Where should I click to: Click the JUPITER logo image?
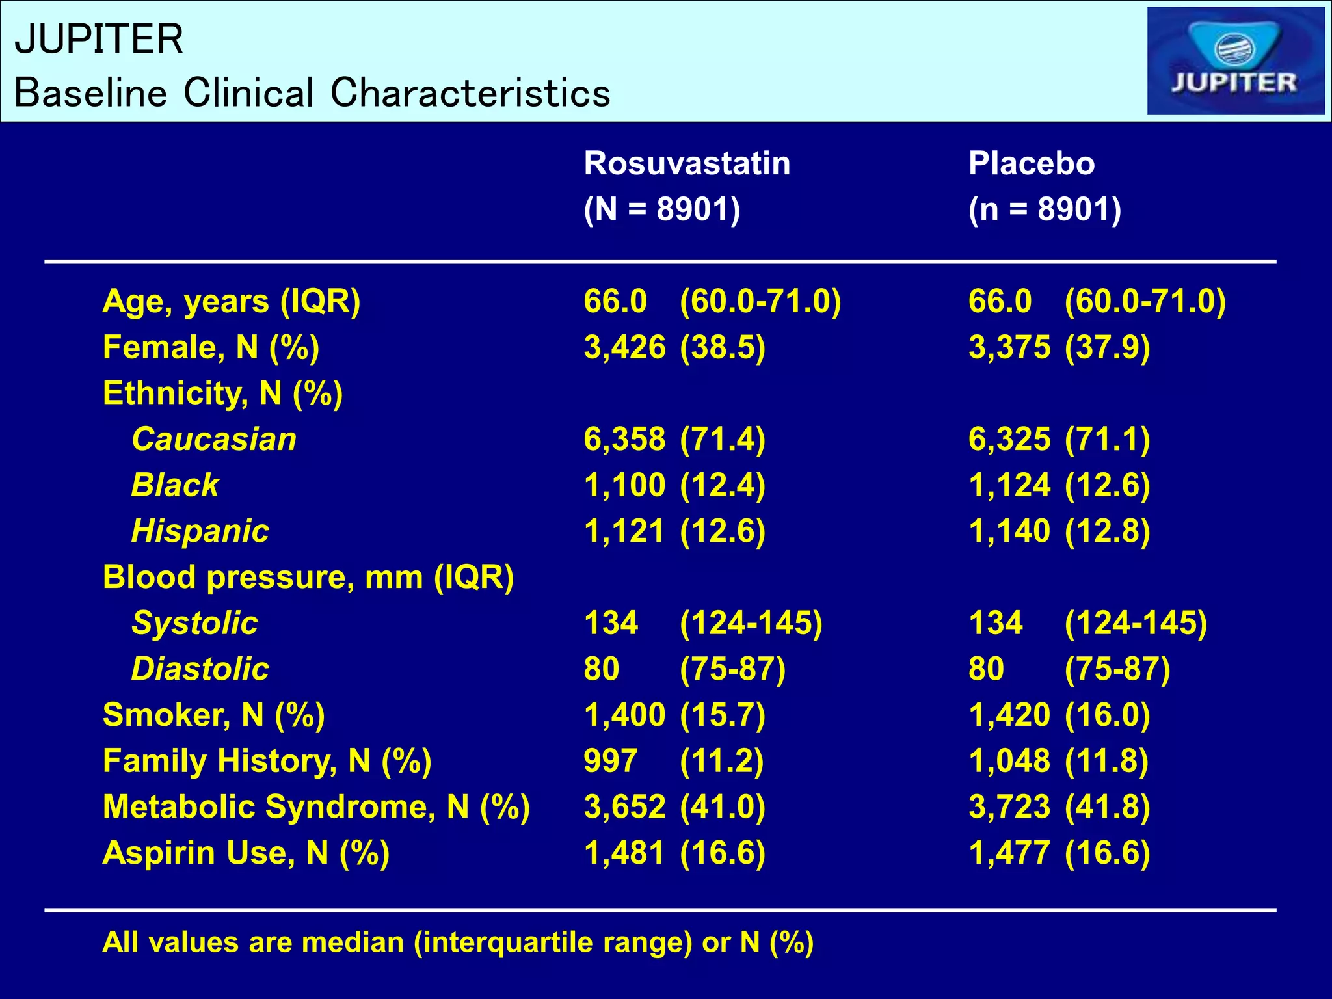[1235, 61]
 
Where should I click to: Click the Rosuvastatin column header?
[687, 163]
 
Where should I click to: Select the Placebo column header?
[1031, 163]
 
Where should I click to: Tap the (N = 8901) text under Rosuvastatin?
[661, 209]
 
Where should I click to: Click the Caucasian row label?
[214, 439]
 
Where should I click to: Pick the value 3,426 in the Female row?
[624, 347]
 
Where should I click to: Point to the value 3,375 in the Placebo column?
[1009, 347]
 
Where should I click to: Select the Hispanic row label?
[200, 531]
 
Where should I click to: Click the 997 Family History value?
[610, 761]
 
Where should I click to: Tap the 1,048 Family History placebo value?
[1009, 761]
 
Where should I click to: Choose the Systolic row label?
[194, 623]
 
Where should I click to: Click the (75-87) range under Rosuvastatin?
[732, 669]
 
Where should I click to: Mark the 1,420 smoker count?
[1009, 715]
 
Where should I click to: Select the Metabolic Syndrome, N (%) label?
[316, 807]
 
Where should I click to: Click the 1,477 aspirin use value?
[1009, 853]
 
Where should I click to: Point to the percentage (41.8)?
[1107, 807]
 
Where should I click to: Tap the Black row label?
[175, 485]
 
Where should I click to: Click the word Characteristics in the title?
[470, 92]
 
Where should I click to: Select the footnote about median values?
[457, 942]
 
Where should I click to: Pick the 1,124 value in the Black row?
[1009, 485]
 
